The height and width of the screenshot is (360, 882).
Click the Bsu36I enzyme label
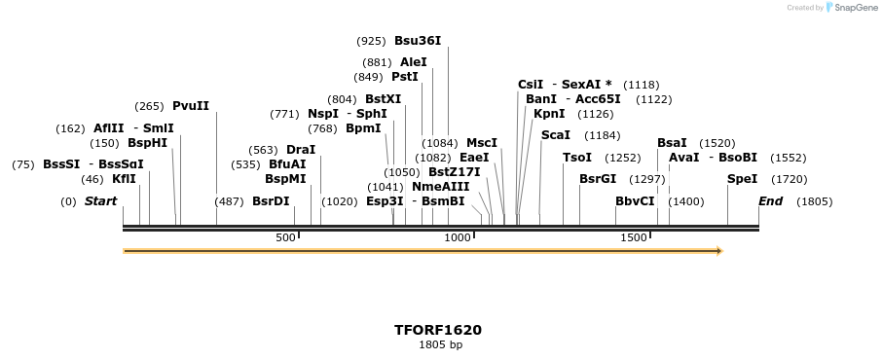point(418,41)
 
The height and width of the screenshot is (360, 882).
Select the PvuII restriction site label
point(191,106)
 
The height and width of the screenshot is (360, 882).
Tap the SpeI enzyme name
point(742,179)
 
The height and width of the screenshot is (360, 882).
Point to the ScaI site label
point(555,135)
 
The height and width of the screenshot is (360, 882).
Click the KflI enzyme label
point(124,179)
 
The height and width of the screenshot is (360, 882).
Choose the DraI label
point(301,150)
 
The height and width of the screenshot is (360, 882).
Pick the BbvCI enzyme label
point(635,201)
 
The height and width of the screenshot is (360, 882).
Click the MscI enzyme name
point(482,143)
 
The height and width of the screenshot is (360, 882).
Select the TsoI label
point(577,158)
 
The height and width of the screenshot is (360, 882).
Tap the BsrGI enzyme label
point(598,179)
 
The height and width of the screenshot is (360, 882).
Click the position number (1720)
point(789,179)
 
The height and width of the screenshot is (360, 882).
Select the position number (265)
point(149,106)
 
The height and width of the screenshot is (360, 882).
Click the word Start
point(100,201)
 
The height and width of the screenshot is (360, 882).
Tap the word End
point(771,201)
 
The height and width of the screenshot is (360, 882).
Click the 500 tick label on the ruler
point(285,237)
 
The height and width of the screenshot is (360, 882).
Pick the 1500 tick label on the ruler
point(634,237)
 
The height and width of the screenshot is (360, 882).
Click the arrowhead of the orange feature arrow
point(719,251)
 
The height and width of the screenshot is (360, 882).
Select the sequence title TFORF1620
point(437,330)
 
